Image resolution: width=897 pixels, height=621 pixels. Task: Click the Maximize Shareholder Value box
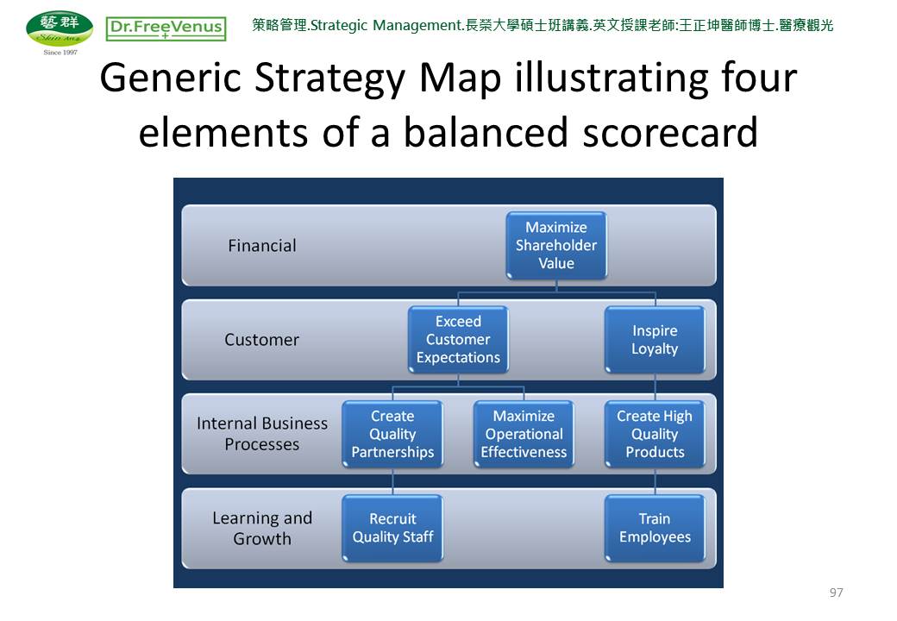click(556, 245)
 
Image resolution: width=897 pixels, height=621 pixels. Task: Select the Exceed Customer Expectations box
click(458, 340)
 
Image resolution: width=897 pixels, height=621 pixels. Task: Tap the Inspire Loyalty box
click(655, 340)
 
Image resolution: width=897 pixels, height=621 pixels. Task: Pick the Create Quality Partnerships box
click(392, 434)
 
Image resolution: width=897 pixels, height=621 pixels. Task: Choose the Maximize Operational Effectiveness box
click(524, 434)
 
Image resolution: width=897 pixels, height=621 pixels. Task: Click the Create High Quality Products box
click(655, 434)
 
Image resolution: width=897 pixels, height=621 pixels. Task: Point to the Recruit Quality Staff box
click(392, 528)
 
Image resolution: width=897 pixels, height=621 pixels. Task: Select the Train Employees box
click(655, 528)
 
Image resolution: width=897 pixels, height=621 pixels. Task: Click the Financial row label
click(262, 246)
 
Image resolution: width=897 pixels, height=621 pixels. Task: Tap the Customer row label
click(262, 340)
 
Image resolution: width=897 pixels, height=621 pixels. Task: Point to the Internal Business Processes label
click(262, 434)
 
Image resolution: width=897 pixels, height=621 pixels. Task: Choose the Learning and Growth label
click(262, 528)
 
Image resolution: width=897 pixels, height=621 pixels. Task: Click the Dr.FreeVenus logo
click(166, 28)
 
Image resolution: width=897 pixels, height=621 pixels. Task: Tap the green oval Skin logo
click(60, 28)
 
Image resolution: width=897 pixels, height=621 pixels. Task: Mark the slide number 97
click(836, 593)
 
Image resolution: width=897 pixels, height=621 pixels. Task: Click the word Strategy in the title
click(329, 78)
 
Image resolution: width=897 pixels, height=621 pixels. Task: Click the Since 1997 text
click(60, 52)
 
